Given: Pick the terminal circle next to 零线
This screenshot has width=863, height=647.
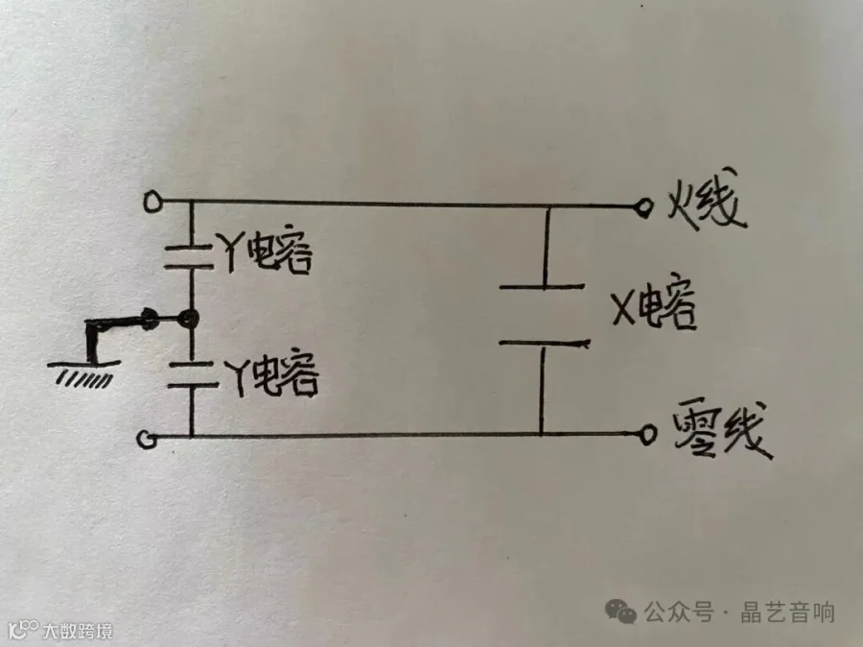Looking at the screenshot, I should point(648,435).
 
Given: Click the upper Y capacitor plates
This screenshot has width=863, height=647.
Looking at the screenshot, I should point(191,254).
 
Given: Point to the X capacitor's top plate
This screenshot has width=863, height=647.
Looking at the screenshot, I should point(543,286).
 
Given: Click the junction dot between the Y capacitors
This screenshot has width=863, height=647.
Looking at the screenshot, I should point(190,319).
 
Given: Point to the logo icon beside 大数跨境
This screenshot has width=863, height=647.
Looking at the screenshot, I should point(23,631).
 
